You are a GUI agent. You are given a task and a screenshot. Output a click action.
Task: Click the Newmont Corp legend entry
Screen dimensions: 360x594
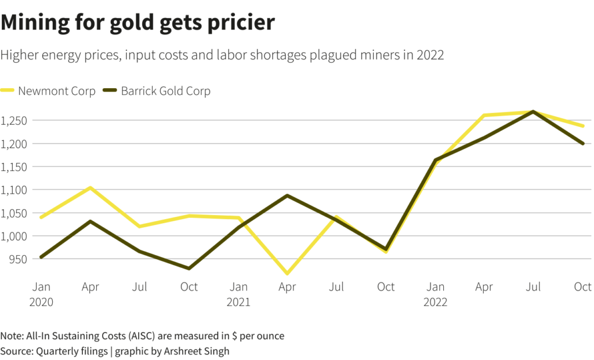pyautogui.click(x=56, y=91)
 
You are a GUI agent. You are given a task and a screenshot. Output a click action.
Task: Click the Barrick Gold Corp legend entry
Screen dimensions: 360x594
pyautogui.click(x=165, y=91)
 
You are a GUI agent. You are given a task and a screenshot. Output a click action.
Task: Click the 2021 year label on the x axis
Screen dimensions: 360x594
pyautogui.click(x=238, y=302)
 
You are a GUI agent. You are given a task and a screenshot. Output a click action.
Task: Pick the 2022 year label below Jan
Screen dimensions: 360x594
pyautogui.click(x=435, y=302)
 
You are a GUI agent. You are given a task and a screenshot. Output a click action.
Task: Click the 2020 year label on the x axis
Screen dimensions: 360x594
pyautogui.click(x=41, y=302)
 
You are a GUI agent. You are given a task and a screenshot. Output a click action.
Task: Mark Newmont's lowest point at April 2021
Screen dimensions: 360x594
pyautogui.click(x=288, y=273)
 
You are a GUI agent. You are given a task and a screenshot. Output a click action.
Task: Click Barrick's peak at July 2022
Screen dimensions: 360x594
pyautogui.click(x=533, y=111)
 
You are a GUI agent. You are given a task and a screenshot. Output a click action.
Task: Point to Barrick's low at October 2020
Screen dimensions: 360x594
pyautogui.click(x=189, y=268)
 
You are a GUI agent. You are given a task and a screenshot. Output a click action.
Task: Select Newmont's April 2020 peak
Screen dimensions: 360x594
pyautogui.click(x=90, y=188)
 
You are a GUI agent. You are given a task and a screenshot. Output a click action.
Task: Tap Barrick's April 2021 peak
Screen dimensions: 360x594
pyautogui.click(x=288, y=195)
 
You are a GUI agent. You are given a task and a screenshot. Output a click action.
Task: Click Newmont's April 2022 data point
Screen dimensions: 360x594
pyautogui.click(x=484, y=115)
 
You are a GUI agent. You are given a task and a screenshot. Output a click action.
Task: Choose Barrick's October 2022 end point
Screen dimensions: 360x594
pyautogui.click(x=582, y=143)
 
